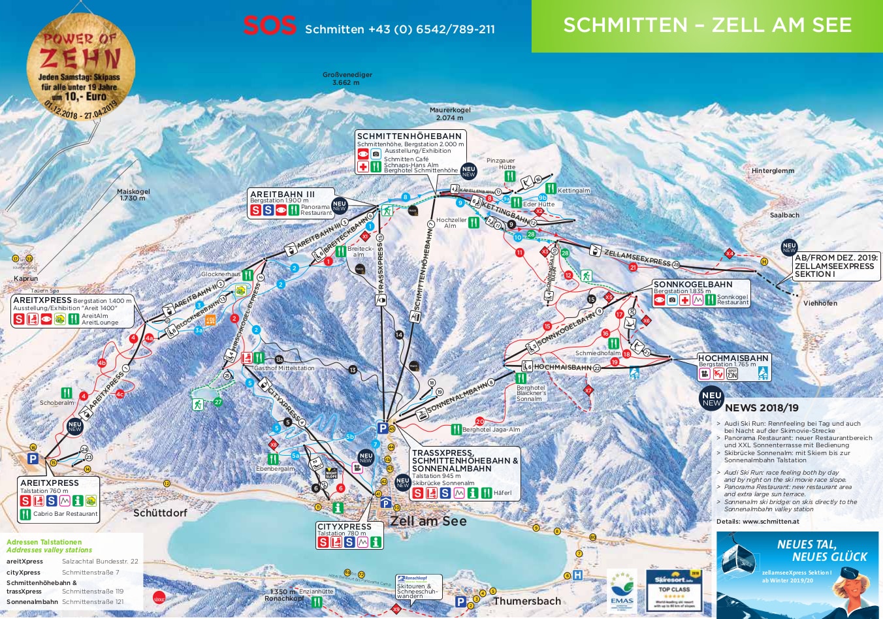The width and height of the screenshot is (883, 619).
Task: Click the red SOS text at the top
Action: coord(269,26)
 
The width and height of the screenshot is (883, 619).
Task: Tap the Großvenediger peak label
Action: coord(347,78)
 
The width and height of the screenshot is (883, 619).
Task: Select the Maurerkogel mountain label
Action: coord(450,114)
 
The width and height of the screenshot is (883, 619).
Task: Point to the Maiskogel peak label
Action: coord(133,195)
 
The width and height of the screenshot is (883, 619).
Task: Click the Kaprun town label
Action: coord(25,279)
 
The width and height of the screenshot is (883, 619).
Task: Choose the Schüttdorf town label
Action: coord(160,513)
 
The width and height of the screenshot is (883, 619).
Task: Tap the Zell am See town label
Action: coord(428,521)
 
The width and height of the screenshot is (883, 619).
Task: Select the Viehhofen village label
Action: coord(820,303)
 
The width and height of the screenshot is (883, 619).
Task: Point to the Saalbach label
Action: coord(784,215)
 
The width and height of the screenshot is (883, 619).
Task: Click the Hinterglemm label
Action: coord(773,171)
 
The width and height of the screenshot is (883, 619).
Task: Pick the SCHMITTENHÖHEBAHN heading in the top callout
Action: coord(409,136)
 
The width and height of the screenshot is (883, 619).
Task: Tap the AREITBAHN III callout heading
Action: coord(282,195)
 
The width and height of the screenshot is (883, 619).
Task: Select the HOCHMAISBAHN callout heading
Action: coord(733,358)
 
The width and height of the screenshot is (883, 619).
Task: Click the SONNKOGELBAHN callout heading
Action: coord(693,285)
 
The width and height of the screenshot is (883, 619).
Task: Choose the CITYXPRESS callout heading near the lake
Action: coord(344,526)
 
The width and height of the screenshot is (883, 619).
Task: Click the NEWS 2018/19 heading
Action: coord(762,408)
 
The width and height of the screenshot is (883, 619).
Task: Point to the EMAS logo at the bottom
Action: coord(621,591)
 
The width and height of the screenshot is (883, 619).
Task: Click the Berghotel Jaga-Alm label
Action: coord(490,430)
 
